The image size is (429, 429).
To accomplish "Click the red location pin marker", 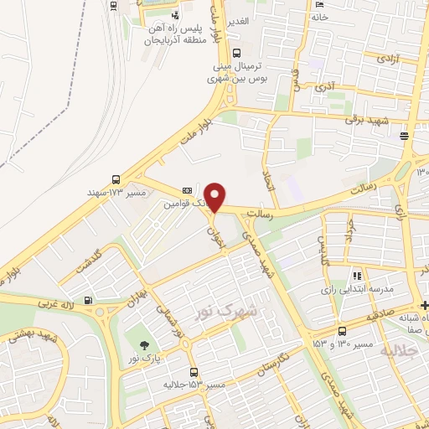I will click(216, 196).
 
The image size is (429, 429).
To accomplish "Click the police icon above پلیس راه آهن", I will click(174, 15).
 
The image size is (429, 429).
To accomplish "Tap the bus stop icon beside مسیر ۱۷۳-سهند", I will click(116, 179).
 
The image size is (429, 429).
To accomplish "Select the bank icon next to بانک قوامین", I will click(186, 191).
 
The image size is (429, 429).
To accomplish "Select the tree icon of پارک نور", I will click(145, 344).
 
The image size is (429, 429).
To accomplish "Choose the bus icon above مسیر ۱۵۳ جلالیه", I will click(194, 372).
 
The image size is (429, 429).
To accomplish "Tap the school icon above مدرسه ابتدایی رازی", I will click(357, 275).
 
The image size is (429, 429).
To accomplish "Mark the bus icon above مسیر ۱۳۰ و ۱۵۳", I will click(342, 331).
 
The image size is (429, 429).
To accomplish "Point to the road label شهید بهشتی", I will click(34, 335).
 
